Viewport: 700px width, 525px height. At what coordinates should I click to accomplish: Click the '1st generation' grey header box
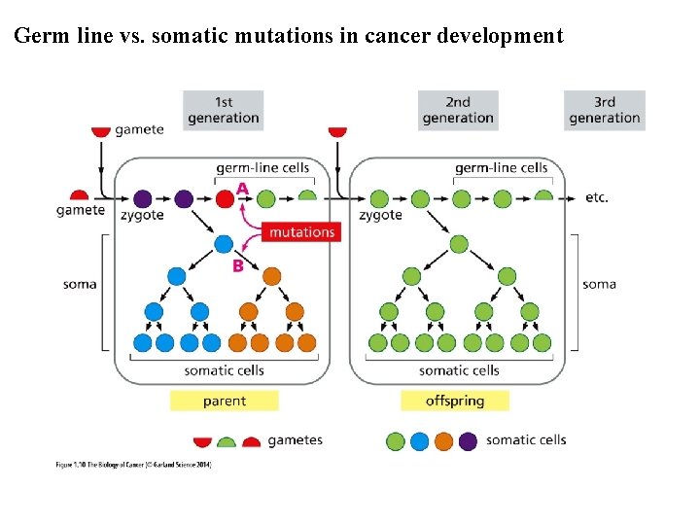[x=224, y=110]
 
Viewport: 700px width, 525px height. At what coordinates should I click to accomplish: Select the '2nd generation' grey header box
[x=458, y=110]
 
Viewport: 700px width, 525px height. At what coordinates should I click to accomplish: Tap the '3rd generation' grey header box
[x=604, y=110]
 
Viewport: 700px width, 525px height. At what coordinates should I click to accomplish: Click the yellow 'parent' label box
[x=224, y=401]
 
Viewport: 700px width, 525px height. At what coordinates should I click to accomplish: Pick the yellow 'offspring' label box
[x=454, y=401]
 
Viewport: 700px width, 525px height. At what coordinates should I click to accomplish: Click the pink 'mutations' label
[x=301, y=232]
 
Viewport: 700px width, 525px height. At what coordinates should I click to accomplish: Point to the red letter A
[x=242, y=188]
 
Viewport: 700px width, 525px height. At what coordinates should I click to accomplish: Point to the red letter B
[x=237, y=264]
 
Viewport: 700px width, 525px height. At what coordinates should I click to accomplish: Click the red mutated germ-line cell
[x=225, y=200]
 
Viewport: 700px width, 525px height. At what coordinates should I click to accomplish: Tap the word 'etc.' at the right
[x=597, y=197]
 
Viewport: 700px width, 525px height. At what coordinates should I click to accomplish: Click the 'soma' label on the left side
[x=80, y=284]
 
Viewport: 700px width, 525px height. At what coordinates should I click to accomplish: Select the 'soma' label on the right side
[x=599, y=284]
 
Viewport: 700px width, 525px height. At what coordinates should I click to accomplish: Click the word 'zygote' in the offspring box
[x=380, y=215]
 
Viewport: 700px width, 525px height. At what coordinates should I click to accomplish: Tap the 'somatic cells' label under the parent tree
[x=224, y=370]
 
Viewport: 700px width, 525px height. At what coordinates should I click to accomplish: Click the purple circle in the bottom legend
[x=468, y=441]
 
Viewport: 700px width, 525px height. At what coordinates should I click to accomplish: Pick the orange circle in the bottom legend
[x=443, y=441]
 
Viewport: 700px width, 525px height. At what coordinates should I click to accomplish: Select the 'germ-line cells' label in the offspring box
[x=501, y=167]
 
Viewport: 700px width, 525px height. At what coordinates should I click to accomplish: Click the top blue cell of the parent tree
[x=225, y=244]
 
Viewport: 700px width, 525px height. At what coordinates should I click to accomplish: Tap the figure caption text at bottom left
[x=132, y=466]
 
